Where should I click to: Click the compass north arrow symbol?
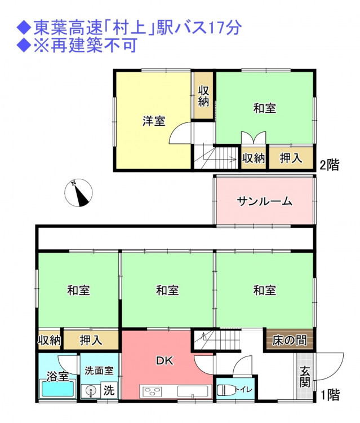pos(78,193)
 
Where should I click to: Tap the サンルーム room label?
pos(264,201)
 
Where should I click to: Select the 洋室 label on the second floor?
pos(154,121)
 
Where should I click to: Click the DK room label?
pos(165,361)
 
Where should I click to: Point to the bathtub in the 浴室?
pos(57,389)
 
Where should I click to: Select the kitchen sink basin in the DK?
pos(193,391)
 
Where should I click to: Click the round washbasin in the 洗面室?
pos(91,391)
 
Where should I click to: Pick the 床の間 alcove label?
pos(289,341)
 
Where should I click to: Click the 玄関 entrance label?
pos(305,377)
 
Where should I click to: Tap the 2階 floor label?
pos(329,165)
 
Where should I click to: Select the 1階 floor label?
pos(330,395)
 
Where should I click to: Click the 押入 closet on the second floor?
pos(291,158)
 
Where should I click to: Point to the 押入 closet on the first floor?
pos(91,340)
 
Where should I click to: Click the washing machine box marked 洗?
pos(109,390)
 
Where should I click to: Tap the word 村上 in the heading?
pos(130,28)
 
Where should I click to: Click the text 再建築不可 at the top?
pos(94,45)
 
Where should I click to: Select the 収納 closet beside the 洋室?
pos(204,95)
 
